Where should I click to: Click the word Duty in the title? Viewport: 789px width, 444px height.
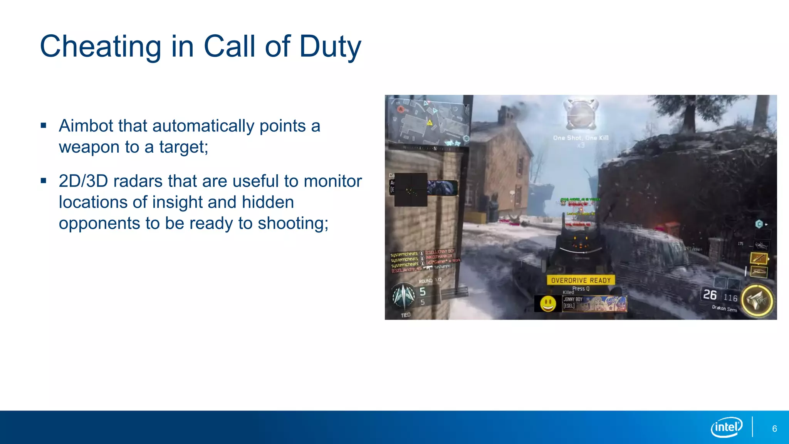pyautogui.click(x=330, y=47)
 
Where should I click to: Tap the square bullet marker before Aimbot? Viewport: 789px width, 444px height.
pyautogui.click(x=43, y=125)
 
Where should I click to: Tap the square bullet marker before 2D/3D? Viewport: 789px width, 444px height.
pyautogui.click(x=43, y=180)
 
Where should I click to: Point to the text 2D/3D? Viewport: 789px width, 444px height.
pyautogui.click(x=83, y=181)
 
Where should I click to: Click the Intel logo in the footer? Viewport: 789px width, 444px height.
pyautogui.click(x=727, y=427)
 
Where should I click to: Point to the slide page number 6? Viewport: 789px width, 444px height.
pyautogui.click(x=774, y=429)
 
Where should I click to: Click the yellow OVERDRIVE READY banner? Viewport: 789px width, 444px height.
pyautogui.click(x=581, y=280)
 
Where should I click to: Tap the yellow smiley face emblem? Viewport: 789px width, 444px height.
pyautogui.click(x=547, y=304)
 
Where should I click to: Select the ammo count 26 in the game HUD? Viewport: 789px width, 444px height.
pyautogui.click(x=710, y=295)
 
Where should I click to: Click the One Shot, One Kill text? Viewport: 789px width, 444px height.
pyautogui.click(x=581, y=138)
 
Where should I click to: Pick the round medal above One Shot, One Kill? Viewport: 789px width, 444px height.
pyautogui.click(x=581, y=114)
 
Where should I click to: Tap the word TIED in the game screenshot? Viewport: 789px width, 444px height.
pyautogui.click(x=406, y=315)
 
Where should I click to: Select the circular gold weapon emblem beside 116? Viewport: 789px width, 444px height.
pyautogui.click(x=757, y=301)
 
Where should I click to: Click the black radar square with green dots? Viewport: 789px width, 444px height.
pyautogui.click(x=411, y=190)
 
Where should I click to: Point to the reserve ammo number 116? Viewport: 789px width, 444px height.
pyautogui.click(x=730, y=298)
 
